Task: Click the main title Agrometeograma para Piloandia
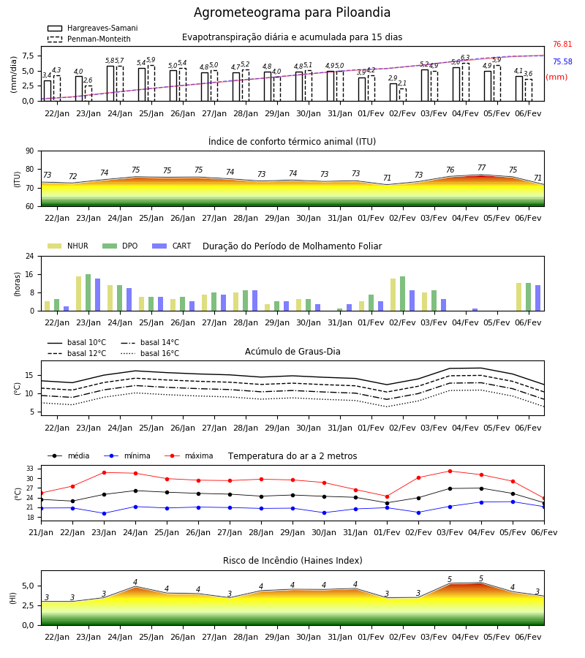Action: click(292, 12)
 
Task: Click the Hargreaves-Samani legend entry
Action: click(92, 28)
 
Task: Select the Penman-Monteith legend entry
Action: click(89, 39)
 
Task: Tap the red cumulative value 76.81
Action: click(562, 44)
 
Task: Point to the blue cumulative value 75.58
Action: click(562, 61)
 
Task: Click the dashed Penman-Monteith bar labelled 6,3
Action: click(466, 82)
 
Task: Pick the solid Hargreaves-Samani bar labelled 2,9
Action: click(393, 92)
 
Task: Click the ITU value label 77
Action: click(481, 167)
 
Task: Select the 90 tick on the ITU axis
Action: click(30, 151)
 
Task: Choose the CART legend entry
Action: click(172, 246)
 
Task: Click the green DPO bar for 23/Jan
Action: click(88, 292)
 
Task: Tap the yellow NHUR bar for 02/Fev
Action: click(393, 295)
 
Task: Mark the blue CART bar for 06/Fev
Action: click(538, 298)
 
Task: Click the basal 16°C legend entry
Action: click(150, 353)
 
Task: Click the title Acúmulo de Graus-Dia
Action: click(292, 351)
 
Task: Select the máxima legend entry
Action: click(189, 455)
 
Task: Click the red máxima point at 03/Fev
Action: click(450, 471)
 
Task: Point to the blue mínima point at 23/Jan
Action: click(104, 513)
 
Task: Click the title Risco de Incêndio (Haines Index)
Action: click(292, 561)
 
